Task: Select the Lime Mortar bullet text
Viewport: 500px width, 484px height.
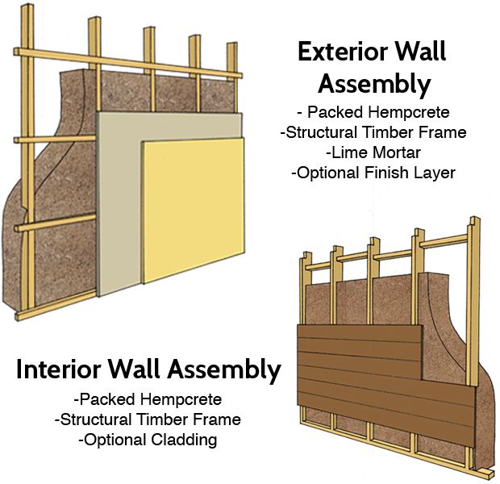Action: coord(373,152)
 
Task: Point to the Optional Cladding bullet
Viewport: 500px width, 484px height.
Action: coord(148,440)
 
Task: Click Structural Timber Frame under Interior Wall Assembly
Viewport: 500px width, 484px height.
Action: coord(148,419)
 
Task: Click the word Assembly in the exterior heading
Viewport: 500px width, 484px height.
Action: coord(373,83)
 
